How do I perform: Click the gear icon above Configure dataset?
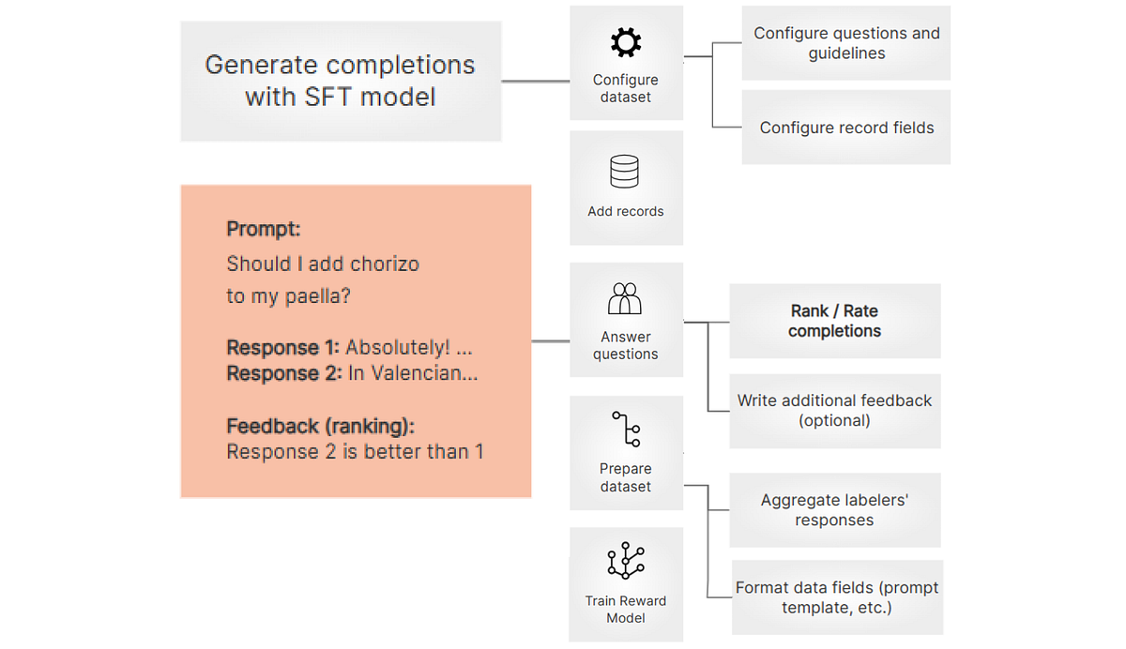(x=626, y=42)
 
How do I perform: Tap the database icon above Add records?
(x=625, y=173)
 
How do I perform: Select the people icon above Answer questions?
(x=625, y=299)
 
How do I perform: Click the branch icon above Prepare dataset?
(x=626, y=430)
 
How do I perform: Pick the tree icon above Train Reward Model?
(x=626, y=561)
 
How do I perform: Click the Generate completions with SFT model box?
(x=341, y=82)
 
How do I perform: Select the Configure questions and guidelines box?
(x=846, y=43)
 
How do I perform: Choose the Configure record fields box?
(x=846, y=128)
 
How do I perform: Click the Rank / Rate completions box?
(x=834, y=321)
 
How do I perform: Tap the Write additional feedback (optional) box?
(x=834, y=410)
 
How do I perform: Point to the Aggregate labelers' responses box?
(x=834, y=510)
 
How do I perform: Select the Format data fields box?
(x=837, y=597)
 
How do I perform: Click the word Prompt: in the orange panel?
(x=264, y=229)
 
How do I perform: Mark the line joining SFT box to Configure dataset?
(x=536, y=82)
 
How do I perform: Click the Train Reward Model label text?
(x=626, y=609)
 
